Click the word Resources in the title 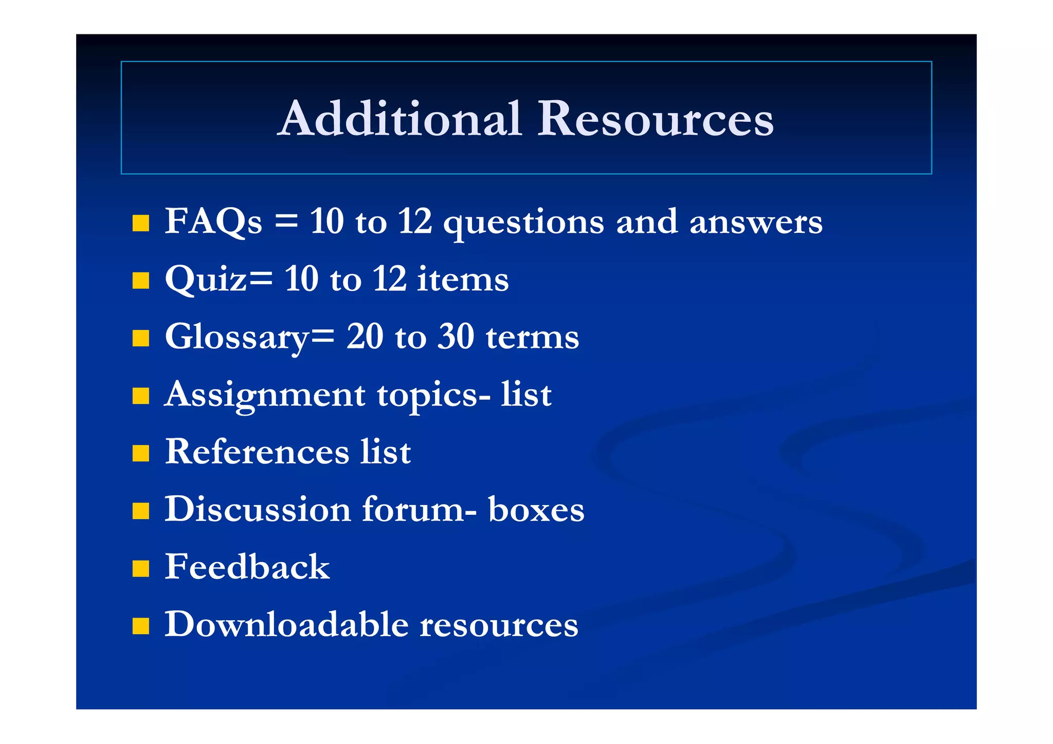tap(655, 119)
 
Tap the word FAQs tap(213, 222)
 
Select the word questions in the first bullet tap(523, 223)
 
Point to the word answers tap(756, 223)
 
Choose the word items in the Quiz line tap(462, 280)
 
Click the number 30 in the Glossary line tap(456, 337)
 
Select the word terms tap(532, 338)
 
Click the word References tap(257, 452)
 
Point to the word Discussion tap(258, 510)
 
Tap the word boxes tap(536, 510)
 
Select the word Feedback tap(247, 567)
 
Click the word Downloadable tap(286, 625)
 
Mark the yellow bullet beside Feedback tap(140, 569)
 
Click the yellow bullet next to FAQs tap(140, 224)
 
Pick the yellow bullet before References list tap(140, 454)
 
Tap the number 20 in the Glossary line tap(365, 337)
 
